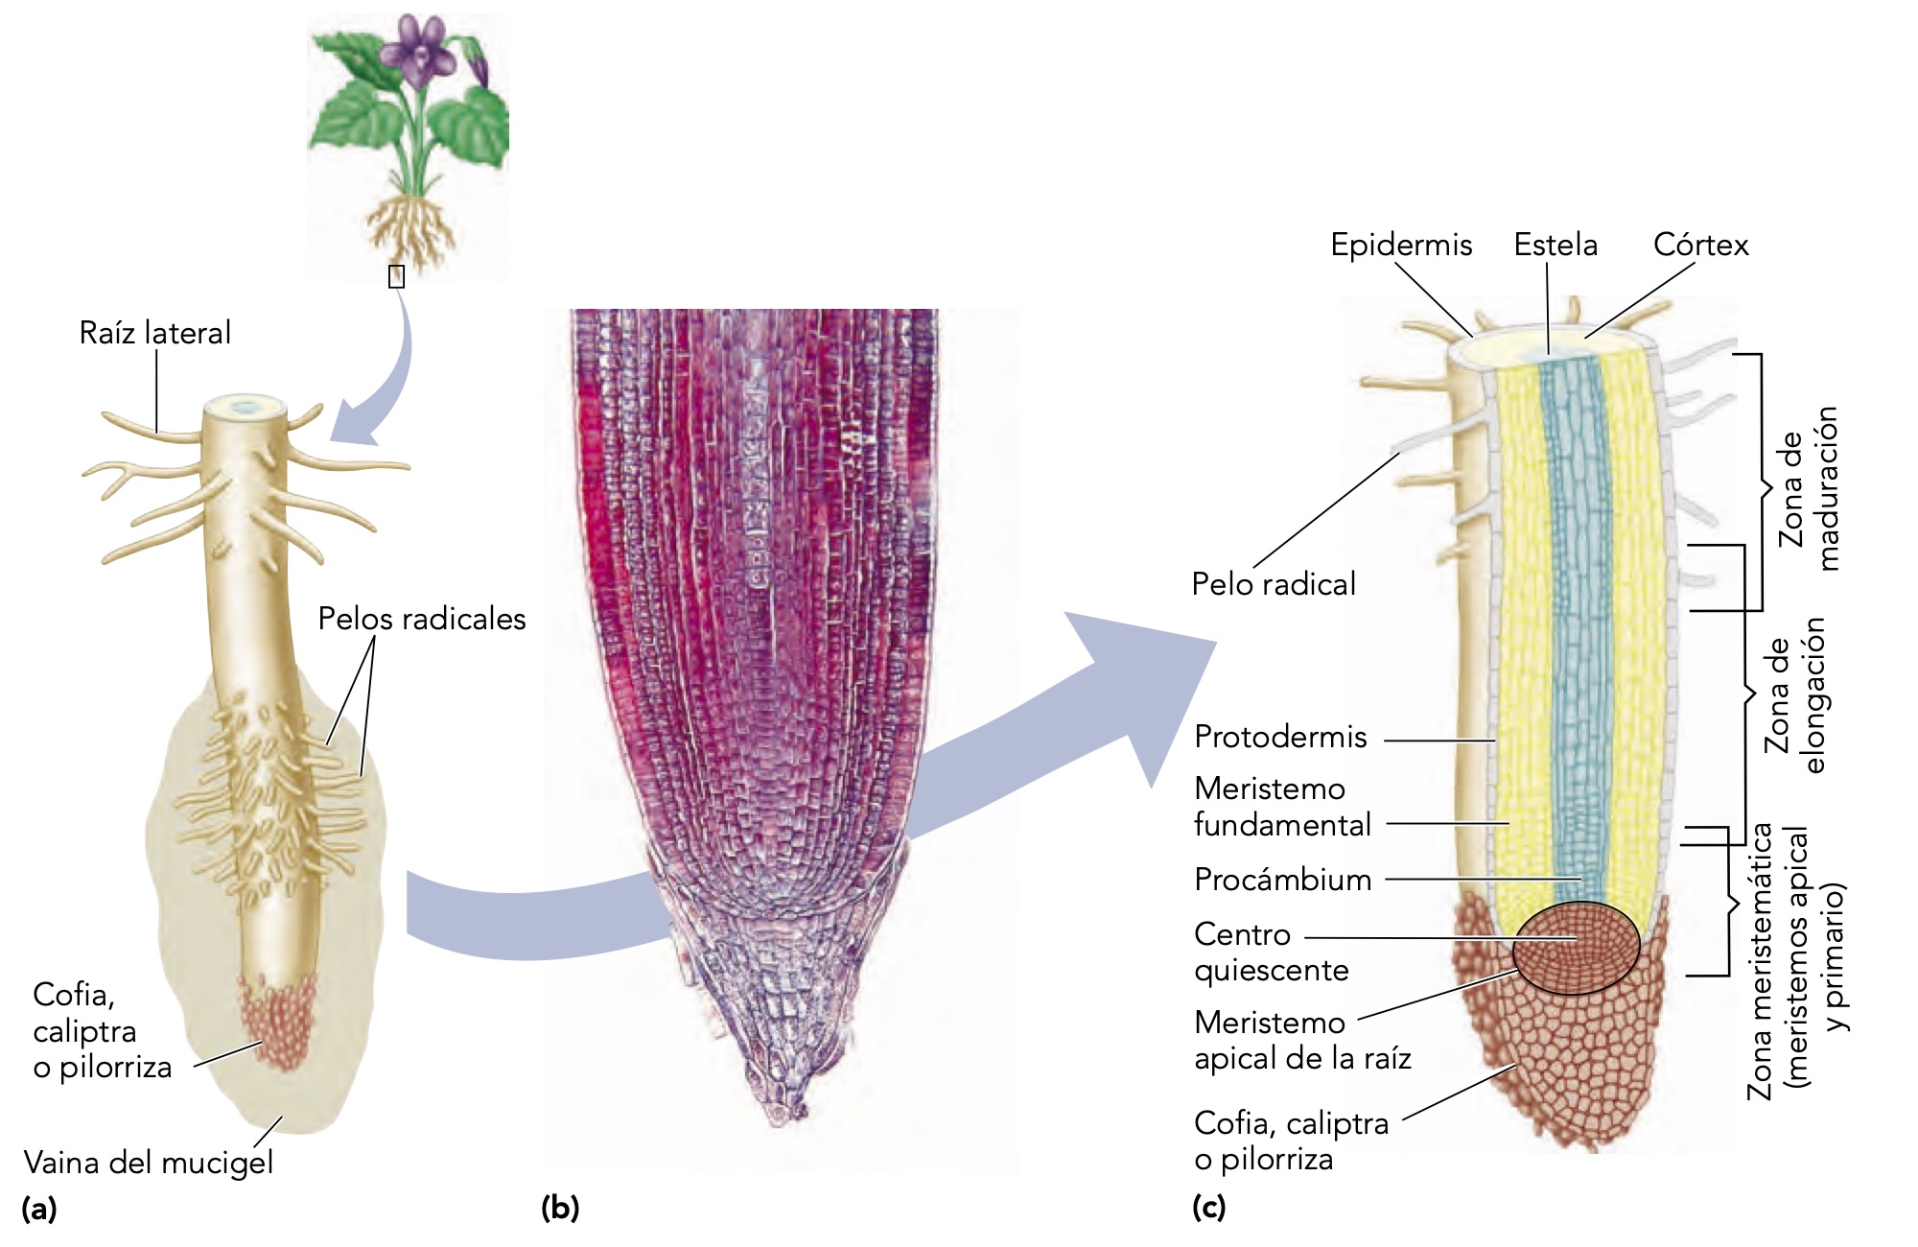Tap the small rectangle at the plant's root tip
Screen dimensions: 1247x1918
pyautogui.click(x=396, y=276)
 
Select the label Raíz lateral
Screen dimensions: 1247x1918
pyautogui.click(x=154, y=333)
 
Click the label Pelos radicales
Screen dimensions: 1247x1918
pyautogui.click(x=422, y=619)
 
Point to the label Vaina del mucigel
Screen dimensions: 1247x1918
pyautogui.click(x=149, y=1163)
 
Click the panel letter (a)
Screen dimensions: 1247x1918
pyautogui.click(x=39, y=1208)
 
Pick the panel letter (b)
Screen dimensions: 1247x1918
pyautogui.click(x=560, y=1208)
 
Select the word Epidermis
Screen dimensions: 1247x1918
pyautogui.click(x=1401, y=245)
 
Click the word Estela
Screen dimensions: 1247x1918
pyautogui.click(x=1555, y=245)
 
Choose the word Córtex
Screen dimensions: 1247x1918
pyautogui.click(x=1700, y=245)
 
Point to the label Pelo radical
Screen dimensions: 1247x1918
pyautogui.click(x=1274, y=583)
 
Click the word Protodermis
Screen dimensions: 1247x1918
pyautogui.click(x=1280, y=737)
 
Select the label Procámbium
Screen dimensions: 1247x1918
pyautogui.click(x=1282, y=880)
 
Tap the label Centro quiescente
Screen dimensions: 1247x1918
pyautogui.click(x=1271, y=952)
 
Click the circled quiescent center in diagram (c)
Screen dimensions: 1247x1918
pyautogui.click(x=1576, y=948)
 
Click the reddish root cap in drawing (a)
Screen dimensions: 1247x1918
pyautogui.click(x=277, y=1022)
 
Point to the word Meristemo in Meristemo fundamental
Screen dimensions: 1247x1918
pyautogui.click(x=1270, y=788)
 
